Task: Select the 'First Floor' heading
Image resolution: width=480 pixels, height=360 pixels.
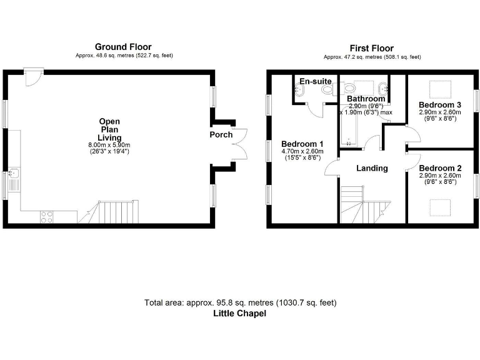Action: (x=372, y=47)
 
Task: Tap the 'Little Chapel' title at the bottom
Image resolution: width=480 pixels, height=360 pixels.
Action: (x=240, y=314)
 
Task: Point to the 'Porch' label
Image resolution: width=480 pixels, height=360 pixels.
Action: (x=221, y=134)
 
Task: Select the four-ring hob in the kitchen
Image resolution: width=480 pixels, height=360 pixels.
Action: (x=47, y=217)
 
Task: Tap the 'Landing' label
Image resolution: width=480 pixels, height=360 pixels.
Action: (x=372, y=168)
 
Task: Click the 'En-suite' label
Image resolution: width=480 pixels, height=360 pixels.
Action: (x=316, y=81)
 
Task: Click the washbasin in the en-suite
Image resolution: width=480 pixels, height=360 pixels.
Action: (x=297, y=91)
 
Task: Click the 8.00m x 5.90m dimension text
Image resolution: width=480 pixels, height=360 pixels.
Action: (x=109, y=145)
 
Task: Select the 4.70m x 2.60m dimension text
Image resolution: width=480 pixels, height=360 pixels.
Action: (x=302, y=151)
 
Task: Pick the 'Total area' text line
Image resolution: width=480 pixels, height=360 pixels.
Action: (x=240, y=303)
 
